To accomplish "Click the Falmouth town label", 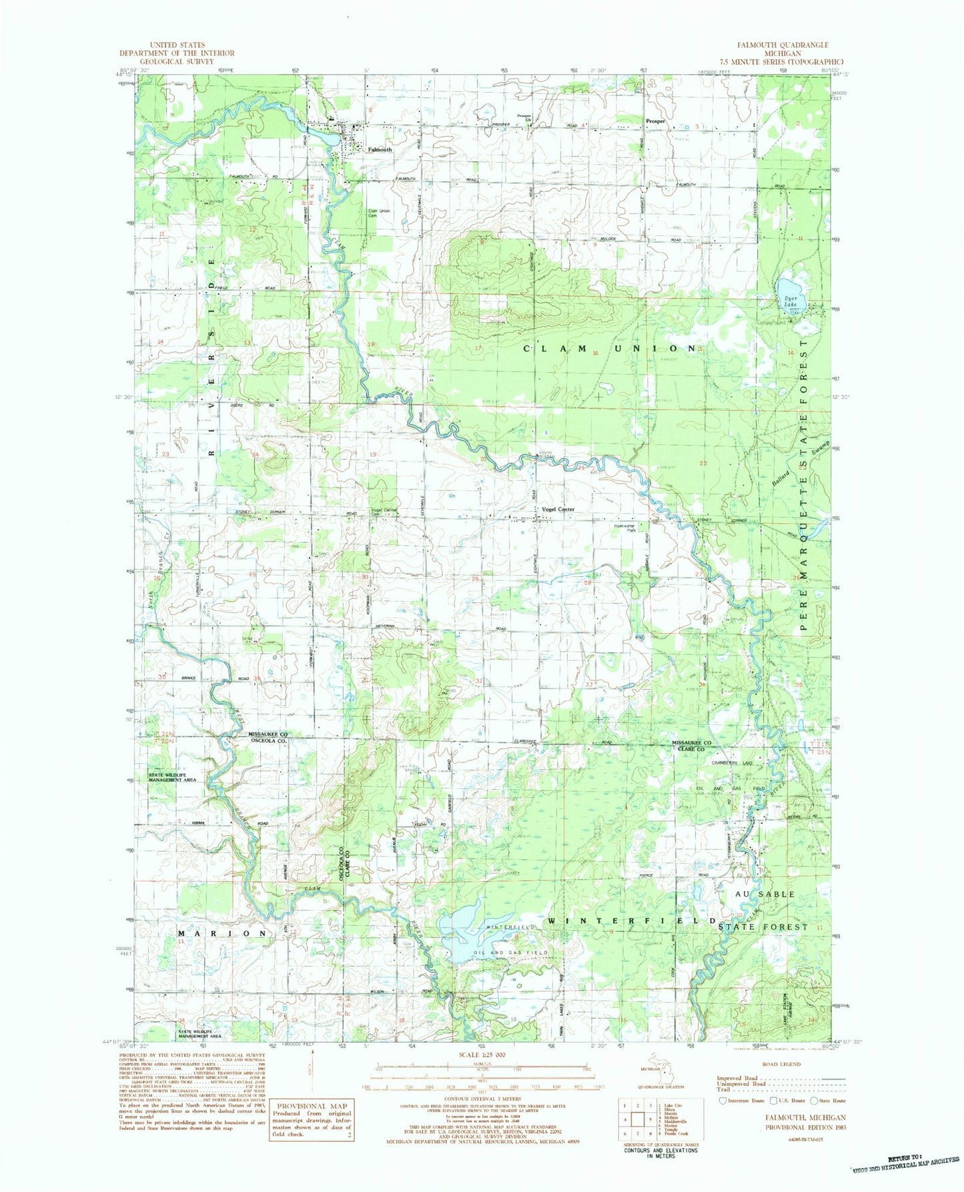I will coord(380,150).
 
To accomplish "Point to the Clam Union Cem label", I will coord(380,214).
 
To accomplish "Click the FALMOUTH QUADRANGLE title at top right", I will coord(783,45).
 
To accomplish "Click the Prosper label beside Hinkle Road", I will coord(656,121).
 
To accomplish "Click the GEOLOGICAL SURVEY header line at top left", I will coord(177,61).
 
